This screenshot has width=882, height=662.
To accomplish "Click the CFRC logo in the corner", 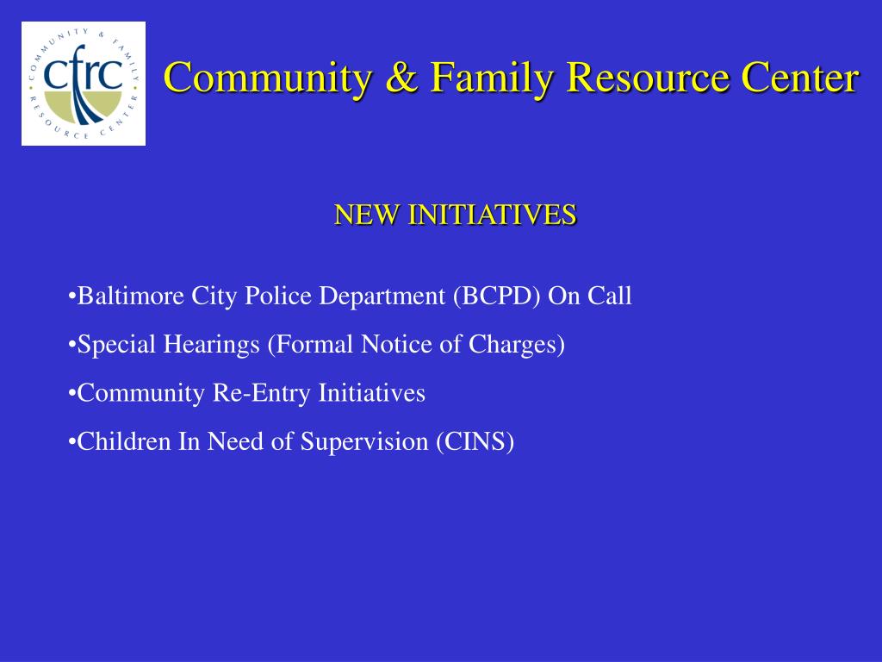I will coord(84,84).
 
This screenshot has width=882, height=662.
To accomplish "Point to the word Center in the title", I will coord(800,78).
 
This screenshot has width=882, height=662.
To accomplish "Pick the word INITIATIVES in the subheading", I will coord(491,215).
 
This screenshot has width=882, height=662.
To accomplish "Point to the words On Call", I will coord(590,297).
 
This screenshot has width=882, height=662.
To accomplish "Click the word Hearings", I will coord(220,346).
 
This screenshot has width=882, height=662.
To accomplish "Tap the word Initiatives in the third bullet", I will coord(372,394).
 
